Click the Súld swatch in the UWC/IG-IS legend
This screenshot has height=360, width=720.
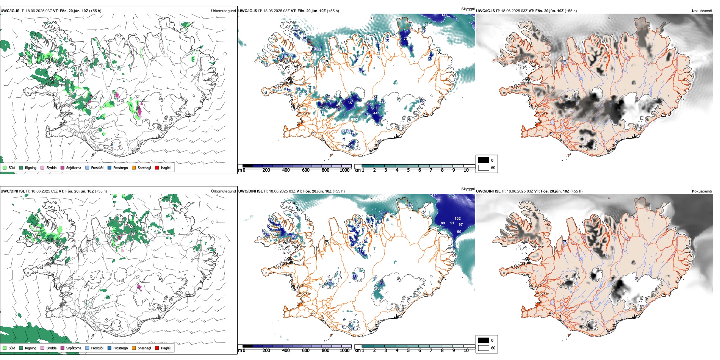click(x=5, y=167)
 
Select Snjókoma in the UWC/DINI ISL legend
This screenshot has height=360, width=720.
click(x=63, y=348)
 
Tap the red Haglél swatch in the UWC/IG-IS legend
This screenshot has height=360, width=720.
click(x=157, y=167)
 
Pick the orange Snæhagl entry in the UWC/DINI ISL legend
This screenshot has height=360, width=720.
click(x=134, y=348)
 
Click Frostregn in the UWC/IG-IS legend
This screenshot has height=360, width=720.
click(x=110, y=167)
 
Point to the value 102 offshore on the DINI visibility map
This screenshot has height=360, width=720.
click(x=457, y=219)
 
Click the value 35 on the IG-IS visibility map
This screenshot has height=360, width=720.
click(x=349, y=103)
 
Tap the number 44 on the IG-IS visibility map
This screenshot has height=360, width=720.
click(x=375, y=113)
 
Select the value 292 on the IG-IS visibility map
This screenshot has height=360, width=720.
click(x=354, y=120)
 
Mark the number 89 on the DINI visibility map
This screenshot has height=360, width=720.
click(x=443, y=223)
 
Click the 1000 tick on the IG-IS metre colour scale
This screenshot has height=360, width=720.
click(x=344, y=170)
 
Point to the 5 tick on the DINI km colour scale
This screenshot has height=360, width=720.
click(x=408, y=351)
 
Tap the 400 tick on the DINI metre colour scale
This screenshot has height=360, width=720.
click(x=286, y=351)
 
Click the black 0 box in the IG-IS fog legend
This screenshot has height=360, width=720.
click(x=484, y=160)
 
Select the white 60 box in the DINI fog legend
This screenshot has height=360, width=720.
click(x=484, y=348)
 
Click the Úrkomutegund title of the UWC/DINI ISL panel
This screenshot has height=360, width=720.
click(x=223, y=191)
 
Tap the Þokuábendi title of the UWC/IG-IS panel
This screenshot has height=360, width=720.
click(x=702, y=11)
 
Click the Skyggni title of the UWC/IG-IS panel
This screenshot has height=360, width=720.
click(x=468, y=9)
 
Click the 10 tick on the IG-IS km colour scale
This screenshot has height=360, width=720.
click(x=466, y=170)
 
